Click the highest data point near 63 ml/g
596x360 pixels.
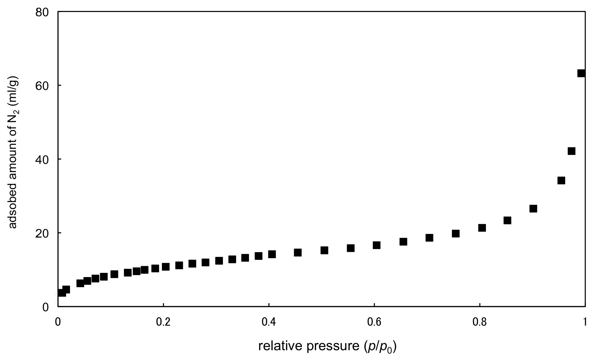(x=581, y=73)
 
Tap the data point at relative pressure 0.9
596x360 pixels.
(x=533, y=209)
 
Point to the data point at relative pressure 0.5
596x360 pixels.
(x=324, y=250)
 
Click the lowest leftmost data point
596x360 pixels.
(x=62, y=293)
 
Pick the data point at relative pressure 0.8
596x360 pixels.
(x=482, y=228)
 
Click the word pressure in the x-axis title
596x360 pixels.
(x=333, y=347)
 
